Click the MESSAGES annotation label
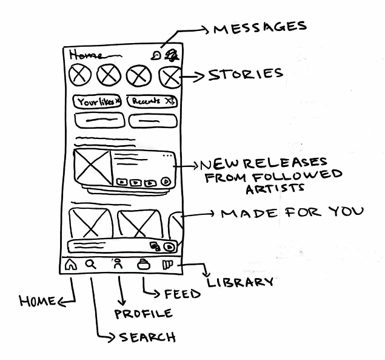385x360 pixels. pos(259,27)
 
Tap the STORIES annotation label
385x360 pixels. pos(246,75)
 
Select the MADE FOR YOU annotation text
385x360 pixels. pos(292,213)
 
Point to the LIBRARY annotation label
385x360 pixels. pos(240,282)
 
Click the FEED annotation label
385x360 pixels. pos(182,294)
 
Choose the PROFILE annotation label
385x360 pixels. pos(144,313)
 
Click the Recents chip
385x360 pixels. pos(152,101)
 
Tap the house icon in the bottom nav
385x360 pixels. pos(71,265)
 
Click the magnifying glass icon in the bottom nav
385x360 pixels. pos(91,264)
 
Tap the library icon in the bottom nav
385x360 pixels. pos(168,265)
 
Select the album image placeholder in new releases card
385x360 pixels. pos(92,165)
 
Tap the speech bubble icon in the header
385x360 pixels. pos(158,55)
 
